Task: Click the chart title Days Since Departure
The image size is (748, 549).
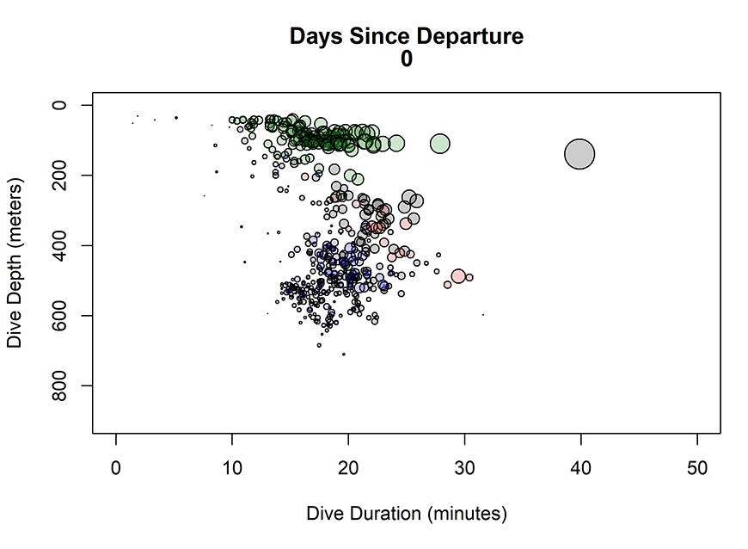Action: [x=406, y=36]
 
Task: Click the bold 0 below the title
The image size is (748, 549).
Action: [x=406, y=59]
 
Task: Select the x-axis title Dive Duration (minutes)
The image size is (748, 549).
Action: [x=406, y=514]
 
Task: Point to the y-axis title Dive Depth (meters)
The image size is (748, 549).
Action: [x=14, y=263]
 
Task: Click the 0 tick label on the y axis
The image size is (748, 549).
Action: [x=60, y=105]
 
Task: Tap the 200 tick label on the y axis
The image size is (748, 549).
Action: [x=60, y=175]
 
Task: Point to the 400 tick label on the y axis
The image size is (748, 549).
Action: [x=60, y=245]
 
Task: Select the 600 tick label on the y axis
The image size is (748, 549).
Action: [x=60, y=315]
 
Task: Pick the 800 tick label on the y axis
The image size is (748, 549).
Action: [x=60, y=385]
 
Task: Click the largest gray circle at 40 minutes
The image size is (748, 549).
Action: [x=580, y=154]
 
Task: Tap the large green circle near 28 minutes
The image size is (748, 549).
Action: [x=440, y=144]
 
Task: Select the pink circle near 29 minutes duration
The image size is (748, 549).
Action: [x=458, y=276]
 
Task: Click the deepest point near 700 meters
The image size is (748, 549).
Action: [x=344, y=354]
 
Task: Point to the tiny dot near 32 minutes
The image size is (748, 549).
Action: [x=483, y=315]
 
